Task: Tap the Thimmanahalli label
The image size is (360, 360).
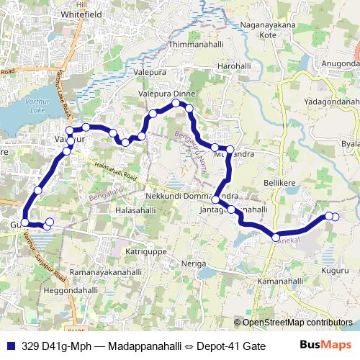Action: (186, 45)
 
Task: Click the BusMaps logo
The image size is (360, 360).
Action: (325, 345)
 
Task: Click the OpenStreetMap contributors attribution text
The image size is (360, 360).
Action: (297, 323)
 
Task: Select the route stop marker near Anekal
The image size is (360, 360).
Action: (276, 237)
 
